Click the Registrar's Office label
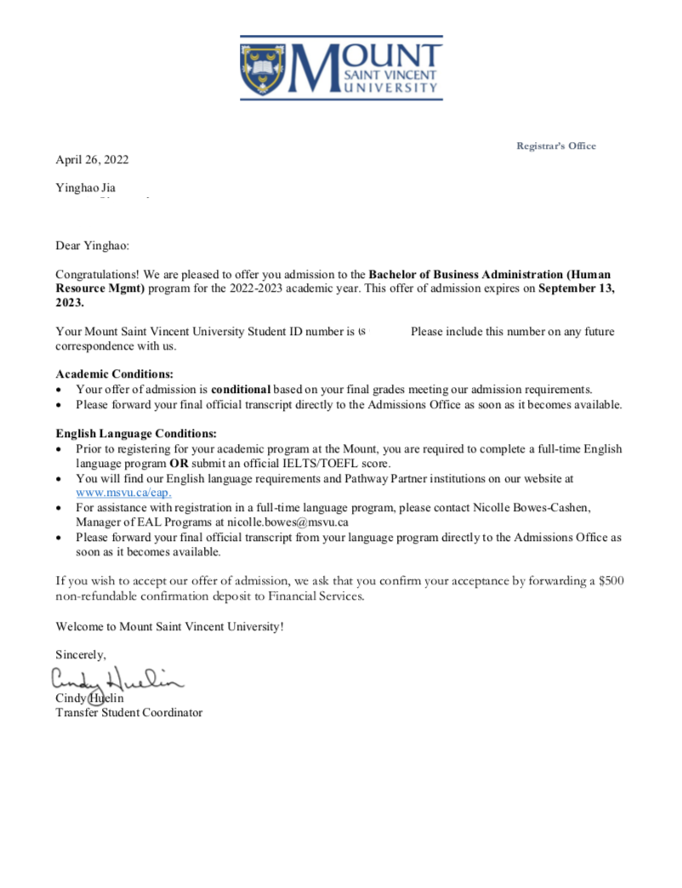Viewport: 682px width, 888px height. click(x=556, y=145)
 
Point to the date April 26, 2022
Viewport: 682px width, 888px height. click(x=92, y=159)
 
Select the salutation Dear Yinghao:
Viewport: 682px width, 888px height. click(x=93, y=246)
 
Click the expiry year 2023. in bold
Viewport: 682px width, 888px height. click(x=70, y=302)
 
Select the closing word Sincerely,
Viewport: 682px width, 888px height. click(x=81, y=654)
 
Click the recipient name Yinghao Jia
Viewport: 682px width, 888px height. click(x=85, y=187)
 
